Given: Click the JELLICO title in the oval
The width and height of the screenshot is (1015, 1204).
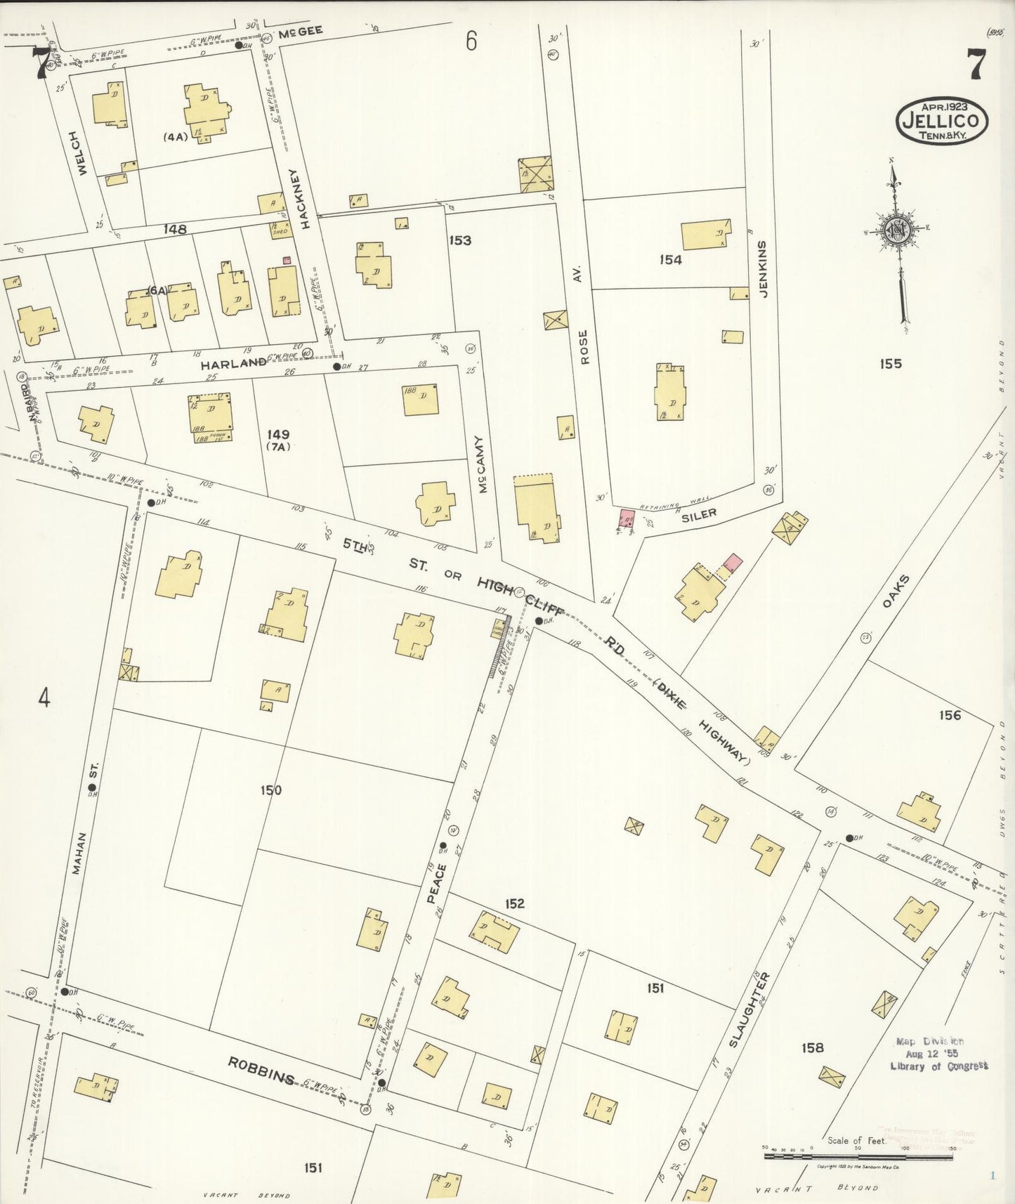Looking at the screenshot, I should click(x=942, y=122).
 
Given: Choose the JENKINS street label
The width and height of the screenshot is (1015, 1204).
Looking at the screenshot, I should click(x=764, y=269).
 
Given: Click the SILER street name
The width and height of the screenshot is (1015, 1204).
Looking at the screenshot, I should click(x=699, y=515).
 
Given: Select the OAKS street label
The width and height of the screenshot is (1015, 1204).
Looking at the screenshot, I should click(x=893, y=594).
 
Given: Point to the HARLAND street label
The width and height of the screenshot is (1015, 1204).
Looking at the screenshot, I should click(x=233, y=364).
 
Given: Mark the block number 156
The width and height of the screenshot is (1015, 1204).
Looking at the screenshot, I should click(x=950, y=716).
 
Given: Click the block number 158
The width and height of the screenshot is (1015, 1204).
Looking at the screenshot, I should click(x=812, y=1048).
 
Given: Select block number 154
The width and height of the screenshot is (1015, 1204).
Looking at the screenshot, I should click(x=670, y=260).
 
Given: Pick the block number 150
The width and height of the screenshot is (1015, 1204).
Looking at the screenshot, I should click(x=270, y=790).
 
